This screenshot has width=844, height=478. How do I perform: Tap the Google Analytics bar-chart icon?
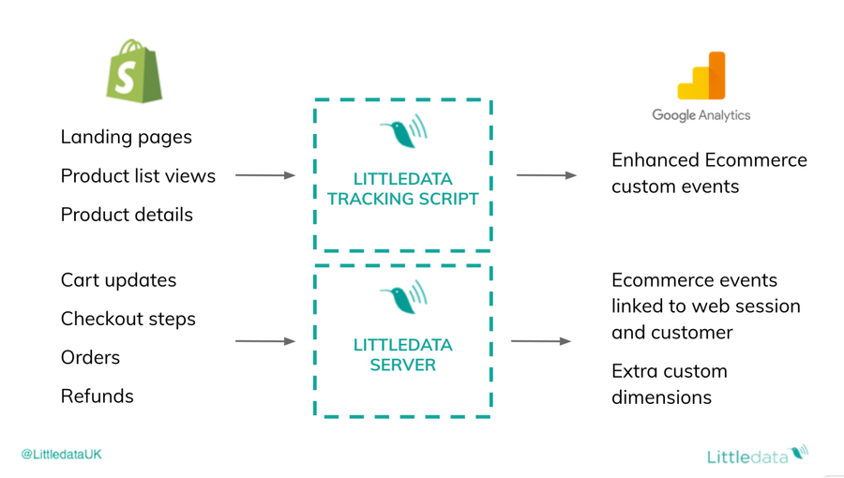(x=701, y=76)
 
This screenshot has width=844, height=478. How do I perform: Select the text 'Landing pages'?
(x=126, y=137)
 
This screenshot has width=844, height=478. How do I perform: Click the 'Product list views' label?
(x=138, y=176)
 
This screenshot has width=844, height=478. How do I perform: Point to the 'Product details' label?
(x=127, y=215)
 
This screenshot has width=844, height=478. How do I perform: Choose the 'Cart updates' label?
(x=118, y=280)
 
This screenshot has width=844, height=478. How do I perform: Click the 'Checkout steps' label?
(x=128, y=319)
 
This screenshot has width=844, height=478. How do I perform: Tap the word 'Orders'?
(x=90, y=357)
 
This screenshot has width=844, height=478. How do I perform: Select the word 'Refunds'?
(x=97, y=396)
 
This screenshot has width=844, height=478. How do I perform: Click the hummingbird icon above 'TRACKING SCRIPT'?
(x=403, y=133)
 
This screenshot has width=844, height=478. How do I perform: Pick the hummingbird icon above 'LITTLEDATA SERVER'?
(x=403, y=299)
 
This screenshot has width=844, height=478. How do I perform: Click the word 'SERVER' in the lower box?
(x=402, y=365)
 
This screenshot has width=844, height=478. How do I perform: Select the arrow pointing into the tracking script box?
(x=264, y=175)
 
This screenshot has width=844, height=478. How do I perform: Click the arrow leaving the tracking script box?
(x=546, y=175)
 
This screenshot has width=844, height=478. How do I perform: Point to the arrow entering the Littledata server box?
(x=264, y=341)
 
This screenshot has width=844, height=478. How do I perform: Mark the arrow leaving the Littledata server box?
(x=540, y=341)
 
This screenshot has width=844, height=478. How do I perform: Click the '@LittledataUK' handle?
(x=62, y=455)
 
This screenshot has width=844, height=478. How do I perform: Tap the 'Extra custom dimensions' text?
(x=669, y=384)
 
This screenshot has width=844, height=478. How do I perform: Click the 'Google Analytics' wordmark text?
(x=701, y=115)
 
